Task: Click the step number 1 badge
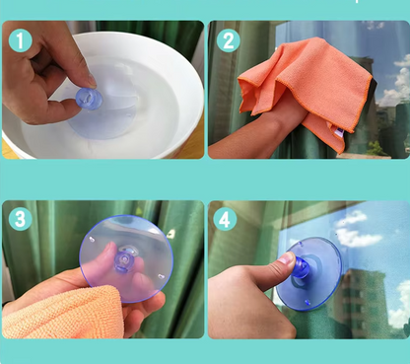click(x=20, y=40)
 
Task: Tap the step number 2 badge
click(x=229, y=40)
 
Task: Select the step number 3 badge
click(x=20, y=219)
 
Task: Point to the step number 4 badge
click(x=225, y=219)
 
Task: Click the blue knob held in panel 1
click(x=89, y=99)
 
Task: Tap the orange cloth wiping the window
click(x=306, y=89)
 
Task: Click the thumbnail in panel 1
click(x=92, y=81)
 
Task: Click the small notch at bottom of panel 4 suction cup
click(x=307, y=302)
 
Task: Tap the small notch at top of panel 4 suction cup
click(x=301, y=245)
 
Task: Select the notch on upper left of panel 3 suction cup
click(x=92, y=239)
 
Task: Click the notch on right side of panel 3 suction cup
click(x=161, y=276)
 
